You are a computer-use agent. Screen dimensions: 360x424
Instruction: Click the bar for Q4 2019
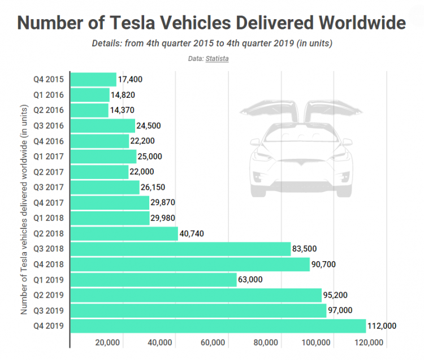218,326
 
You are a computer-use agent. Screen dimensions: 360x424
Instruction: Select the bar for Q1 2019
153,279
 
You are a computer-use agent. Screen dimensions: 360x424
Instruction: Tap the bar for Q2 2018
124,233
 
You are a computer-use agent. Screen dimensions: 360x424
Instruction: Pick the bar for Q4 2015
93,80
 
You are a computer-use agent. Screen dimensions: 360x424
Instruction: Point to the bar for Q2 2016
89,110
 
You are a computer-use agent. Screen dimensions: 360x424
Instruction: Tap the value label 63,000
253,279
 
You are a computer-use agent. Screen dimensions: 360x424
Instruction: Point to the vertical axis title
24,209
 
